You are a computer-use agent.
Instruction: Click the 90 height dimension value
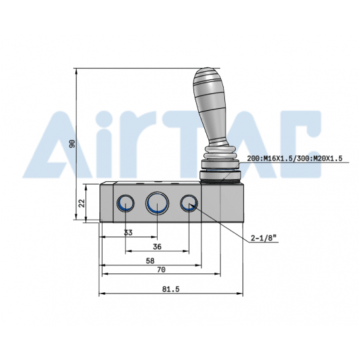73,143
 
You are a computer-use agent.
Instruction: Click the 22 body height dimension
82,202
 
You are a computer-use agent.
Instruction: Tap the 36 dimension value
157,246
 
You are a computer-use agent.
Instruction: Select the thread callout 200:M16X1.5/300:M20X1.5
295,159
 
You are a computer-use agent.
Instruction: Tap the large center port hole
157,202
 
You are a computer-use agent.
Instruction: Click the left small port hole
126,204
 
